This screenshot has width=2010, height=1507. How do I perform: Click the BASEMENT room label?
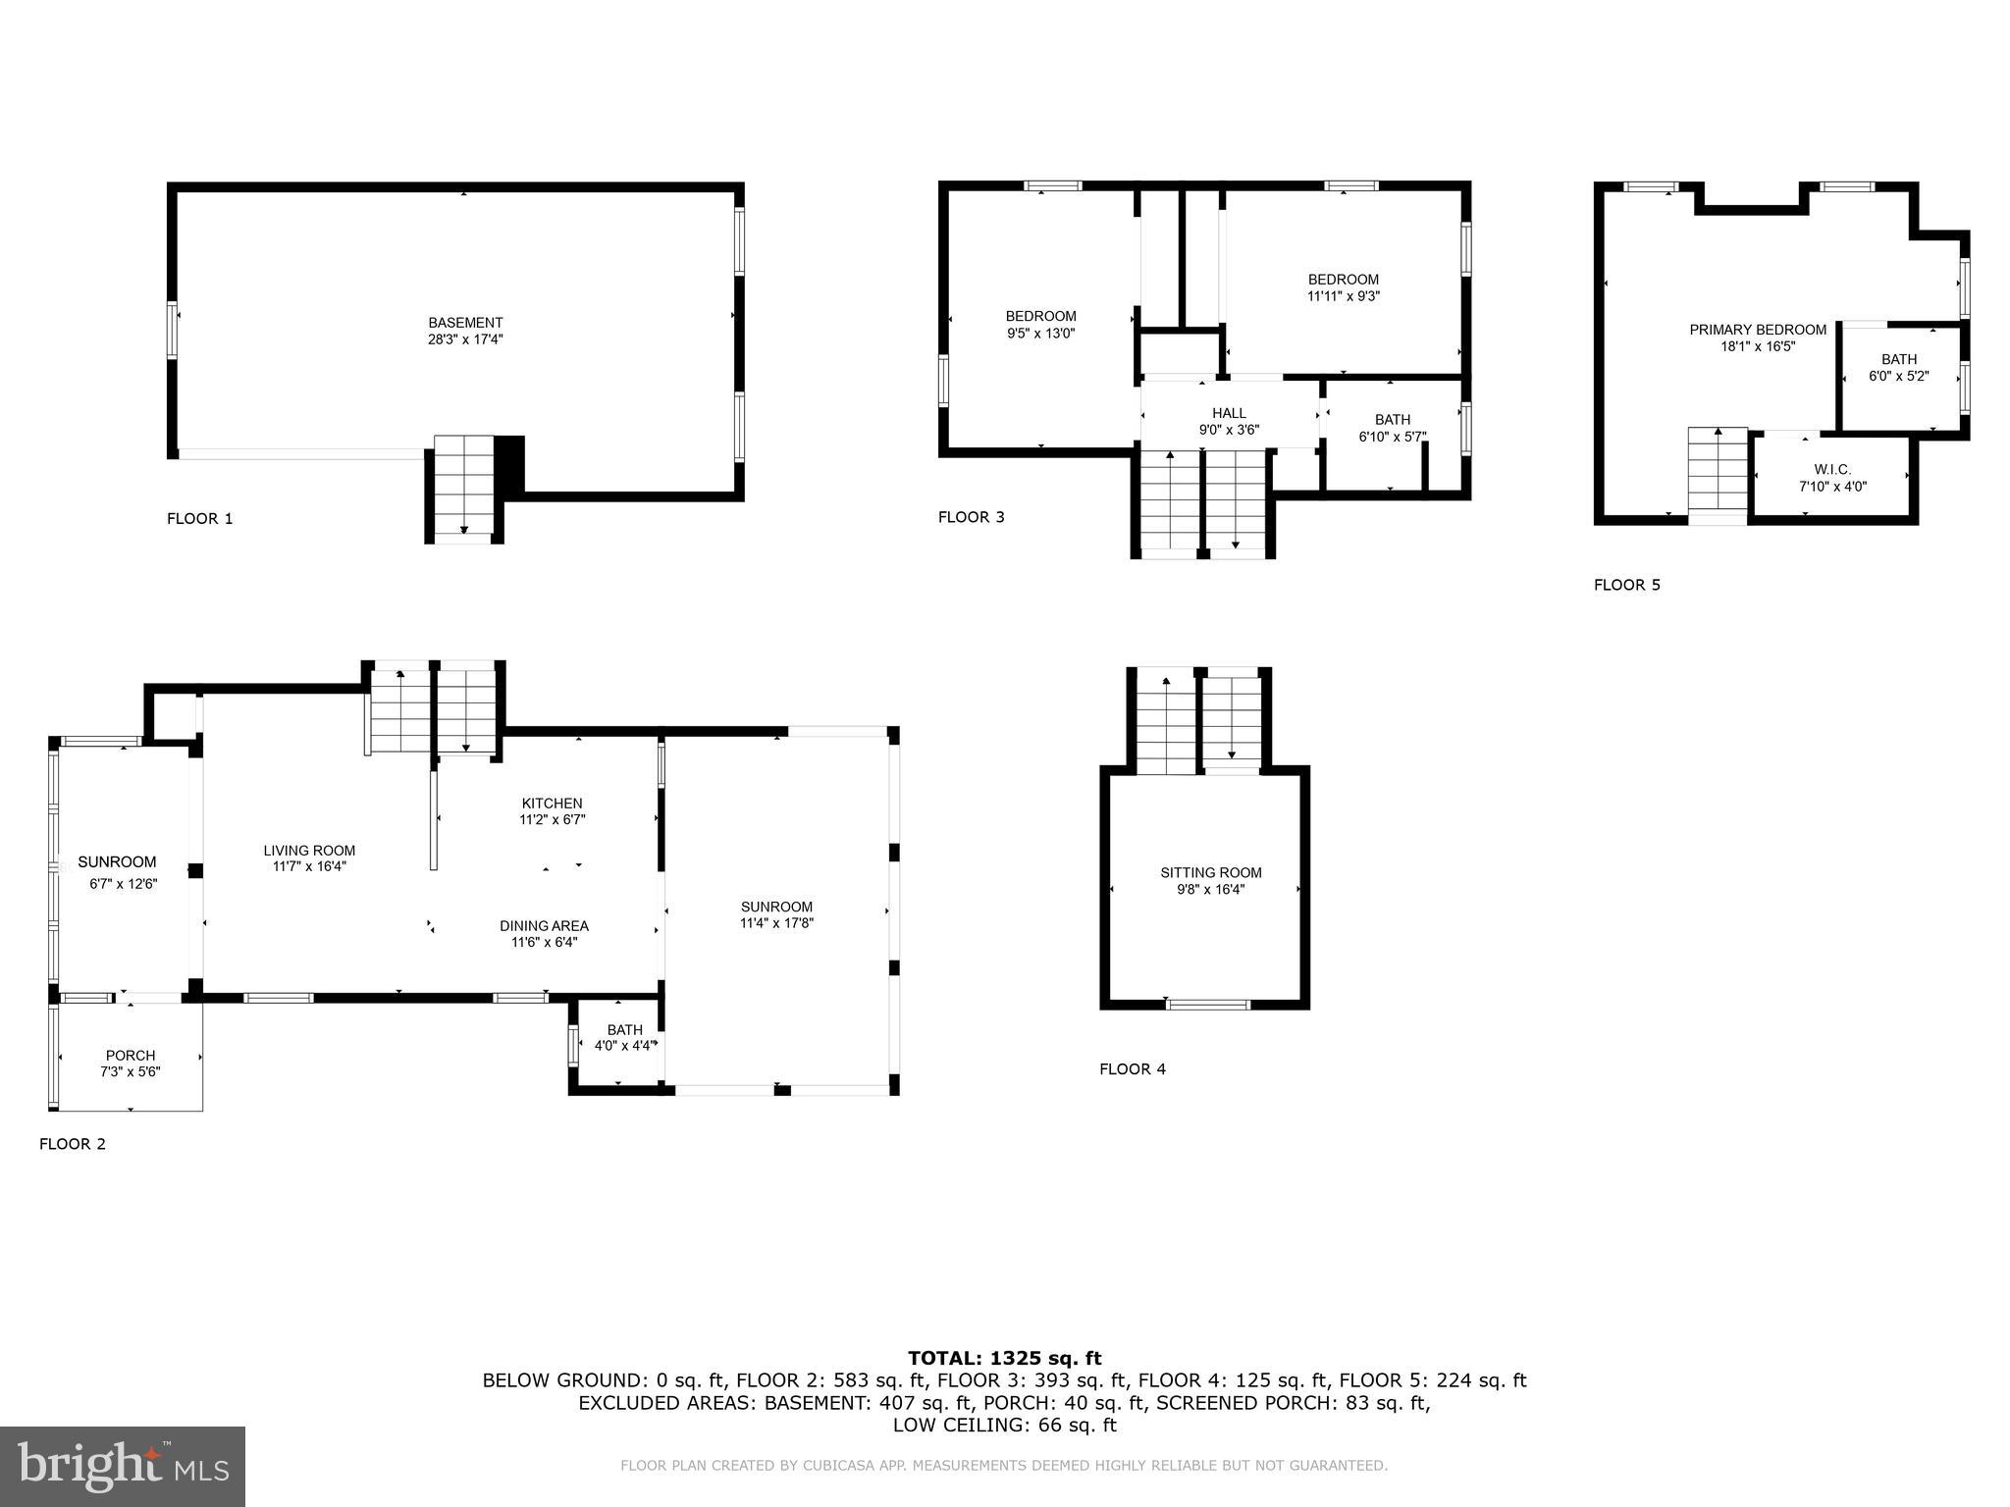[465, 323]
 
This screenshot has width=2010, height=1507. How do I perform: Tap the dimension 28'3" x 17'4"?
[465, 339]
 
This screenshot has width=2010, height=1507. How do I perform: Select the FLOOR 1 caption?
[200, 519]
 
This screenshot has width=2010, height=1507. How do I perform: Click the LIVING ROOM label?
[309, 851]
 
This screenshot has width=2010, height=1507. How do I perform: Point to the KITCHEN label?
[552, 804]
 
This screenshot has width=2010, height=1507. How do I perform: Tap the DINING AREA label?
[544, 926]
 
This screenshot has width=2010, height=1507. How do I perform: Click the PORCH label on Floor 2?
[131, 1056]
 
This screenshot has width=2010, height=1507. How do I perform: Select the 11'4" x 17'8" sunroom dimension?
[776, 923]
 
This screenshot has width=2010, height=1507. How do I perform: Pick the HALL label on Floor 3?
[1229, 413]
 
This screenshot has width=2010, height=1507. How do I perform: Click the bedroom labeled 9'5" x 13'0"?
[1040, 325]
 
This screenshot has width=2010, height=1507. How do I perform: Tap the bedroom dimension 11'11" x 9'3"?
[1343, 296]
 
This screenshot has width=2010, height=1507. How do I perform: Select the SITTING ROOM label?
[1211, 873]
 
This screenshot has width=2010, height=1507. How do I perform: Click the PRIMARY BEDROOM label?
[1758, 330]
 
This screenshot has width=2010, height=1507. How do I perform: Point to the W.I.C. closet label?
[1832, 470]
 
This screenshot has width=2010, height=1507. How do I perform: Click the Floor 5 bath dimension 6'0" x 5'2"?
[1899, 376]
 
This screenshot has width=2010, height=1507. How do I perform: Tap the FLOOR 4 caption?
[1133, 1069]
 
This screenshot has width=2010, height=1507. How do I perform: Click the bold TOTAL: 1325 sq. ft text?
[1004, 1359]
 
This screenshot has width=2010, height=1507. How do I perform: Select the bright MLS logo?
[123, 1466]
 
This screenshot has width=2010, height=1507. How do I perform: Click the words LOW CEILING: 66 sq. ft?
[1004, 1426]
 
